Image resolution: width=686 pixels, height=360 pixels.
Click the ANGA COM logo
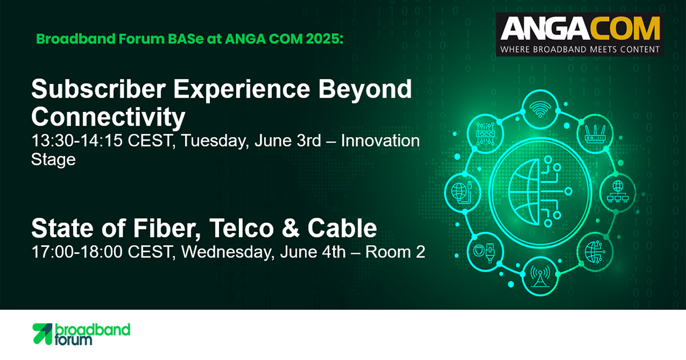click(580, 34)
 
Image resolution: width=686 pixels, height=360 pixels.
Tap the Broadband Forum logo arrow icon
click(42, 334)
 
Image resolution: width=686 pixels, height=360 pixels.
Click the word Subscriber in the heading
click(98, 89)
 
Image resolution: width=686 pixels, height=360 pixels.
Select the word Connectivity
click(109, 118)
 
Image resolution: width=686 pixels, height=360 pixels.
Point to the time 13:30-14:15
click(77, 141)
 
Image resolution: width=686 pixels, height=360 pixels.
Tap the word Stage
click(53, 160)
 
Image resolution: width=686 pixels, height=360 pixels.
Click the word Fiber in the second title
click(166, 229)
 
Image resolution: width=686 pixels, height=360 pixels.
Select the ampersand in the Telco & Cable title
click(290, 228)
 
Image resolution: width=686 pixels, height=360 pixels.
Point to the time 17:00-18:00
click(77, 251)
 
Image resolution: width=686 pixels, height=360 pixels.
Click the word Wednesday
click(228, 253)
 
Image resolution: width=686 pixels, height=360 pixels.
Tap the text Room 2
click(395, 251)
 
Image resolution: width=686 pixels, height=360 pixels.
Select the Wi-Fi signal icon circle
click(540, 109)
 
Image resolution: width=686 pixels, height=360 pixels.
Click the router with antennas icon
click(595, 134)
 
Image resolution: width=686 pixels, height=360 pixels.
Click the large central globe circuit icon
click(540, 192)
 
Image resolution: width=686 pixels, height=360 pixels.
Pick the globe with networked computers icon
click(618, 192)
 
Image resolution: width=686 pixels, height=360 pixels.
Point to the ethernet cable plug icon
click(485, 251)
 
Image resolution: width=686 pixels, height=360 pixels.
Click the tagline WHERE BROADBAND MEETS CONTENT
click(580, 49)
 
